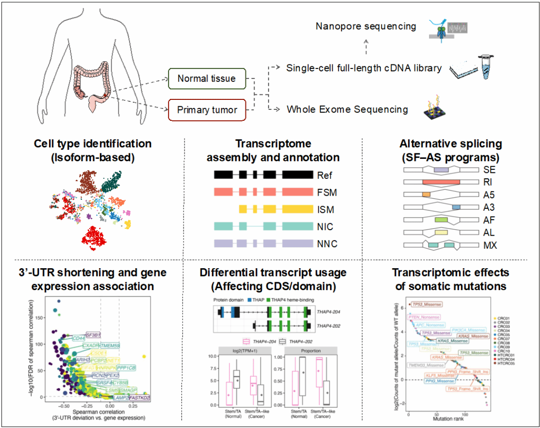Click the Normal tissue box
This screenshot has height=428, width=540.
coord(206,78)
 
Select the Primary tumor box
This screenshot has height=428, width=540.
coord(206,109)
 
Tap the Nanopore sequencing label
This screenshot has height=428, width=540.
coord(366,26)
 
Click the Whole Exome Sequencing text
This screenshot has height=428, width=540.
coord(347,109)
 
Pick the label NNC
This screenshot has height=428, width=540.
coord(327,244)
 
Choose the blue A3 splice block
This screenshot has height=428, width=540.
coord(455,207)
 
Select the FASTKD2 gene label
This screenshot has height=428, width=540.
coord(139,398)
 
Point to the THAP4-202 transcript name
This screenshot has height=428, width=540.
coord(327,326)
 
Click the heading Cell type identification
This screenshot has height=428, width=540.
coord(92,144)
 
